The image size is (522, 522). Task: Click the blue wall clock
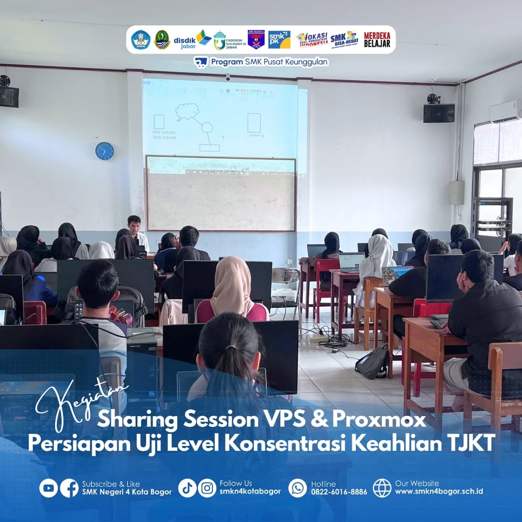(104, 151)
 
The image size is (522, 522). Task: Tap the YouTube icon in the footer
(48, 488)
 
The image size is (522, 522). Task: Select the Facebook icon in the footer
(69, 488)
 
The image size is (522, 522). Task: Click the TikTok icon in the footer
(187, 488)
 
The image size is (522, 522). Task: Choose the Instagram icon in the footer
(207, 488)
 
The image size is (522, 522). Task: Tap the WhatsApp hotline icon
(298, 488)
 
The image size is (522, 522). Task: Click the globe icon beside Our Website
(382, 488)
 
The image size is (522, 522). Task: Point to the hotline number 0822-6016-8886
(339, 492)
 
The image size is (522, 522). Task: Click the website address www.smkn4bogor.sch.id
(439, 492)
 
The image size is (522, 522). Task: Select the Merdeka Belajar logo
(377, 40)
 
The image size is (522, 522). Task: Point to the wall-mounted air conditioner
(506, 111)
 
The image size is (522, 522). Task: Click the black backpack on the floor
(372, 362)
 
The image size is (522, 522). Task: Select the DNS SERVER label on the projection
(164, 132)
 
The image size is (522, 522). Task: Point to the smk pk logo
(279, 40)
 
